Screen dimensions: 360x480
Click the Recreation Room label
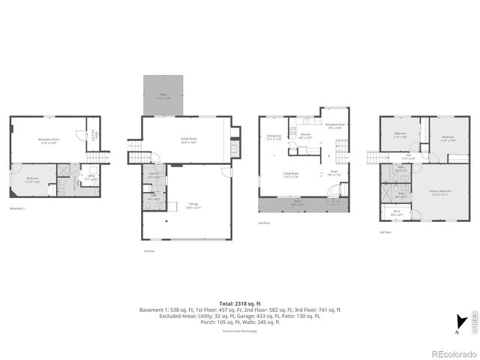pos(49,140)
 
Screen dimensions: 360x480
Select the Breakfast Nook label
pos(334,126)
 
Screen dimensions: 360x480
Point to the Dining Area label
pos(274,137)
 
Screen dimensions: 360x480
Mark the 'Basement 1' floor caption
pos(18,208)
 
